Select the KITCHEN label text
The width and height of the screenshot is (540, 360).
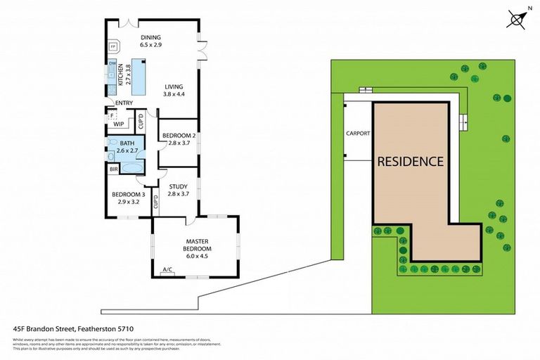pyautogui.click(x=121, y=74)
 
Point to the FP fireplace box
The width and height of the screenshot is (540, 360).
pyautogui.click(x=112, y=47)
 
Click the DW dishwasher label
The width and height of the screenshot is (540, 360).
pyautogui.click(x=112, y=64)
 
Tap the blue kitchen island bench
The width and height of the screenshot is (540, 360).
pyautogui.click(x=138, y=77)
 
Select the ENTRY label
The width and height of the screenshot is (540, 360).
pyautogui.click(x=124, y=103)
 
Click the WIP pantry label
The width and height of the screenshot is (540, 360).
pyautogui.click(x=118, y=124)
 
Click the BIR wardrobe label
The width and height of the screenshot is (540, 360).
pyautogui.click(x=113, y=169)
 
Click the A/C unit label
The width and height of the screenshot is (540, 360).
pyautogui.click(x=167, y=270)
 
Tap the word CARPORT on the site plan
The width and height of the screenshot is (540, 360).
pyautogui.click(x=358, y=133)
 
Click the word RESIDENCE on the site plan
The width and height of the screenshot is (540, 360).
pyautogui.click(x=411, y=161)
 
